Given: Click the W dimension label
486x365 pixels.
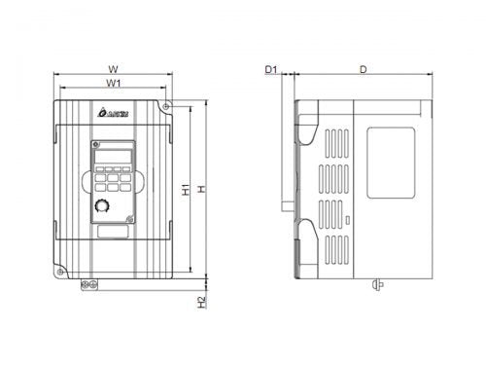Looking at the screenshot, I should [x=114, y=69].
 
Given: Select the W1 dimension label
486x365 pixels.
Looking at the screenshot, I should [x=114, y=84].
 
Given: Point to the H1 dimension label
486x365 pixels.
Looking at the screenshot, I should [x=186, y=189].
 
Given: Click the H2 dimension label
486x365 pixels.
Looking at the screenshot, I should [x=201, y=303].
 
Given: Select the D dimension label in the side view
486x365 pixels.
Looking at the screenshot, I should [x=363, y=69].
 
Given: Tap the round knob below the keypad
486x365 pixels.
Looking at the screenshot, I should [x=103, y=206].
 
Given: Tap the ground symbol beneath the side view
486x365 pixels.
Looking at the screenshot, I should [x=376, y=285].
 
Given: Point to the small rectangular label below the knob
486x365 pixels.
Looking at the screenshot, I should [x=113, y=231].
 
